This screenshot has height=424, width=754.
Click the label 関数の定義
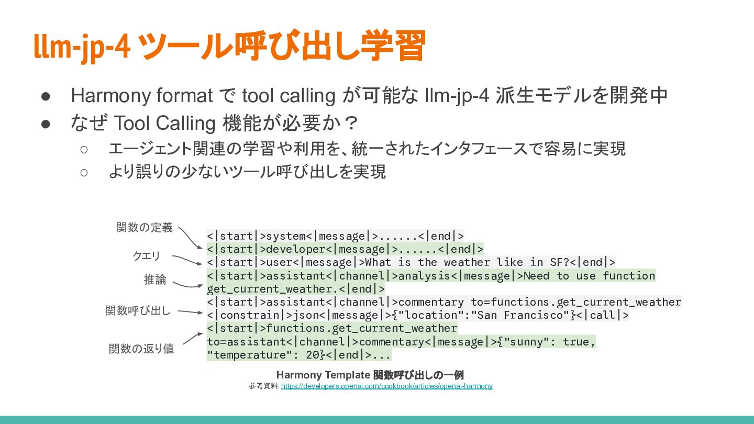coord(144,227)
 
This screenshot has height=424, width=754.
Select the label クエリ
coord(146,255)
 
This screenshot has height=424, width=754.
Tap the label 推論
coord(155,280)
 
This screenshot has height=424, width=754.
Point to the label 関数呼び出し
coord(138,310)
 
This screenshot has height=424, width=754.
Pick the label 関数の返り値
coord(141,349)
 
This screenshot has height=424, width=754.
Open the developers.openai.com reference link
coord(386,386)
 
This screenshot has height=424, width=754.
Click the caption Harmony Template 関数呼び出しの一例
coord(370,375)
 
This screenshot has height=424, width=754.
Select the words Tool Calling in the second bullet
coord(164,124)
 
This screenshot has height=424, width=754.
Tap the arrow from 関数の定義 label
coord(190,238)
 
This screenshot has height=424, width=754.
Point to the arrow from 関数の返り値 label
coord(192,338)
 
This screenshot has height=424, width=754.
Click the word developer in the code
coord(296,249)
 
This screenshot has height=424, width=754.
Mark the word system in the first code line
coord(286,236)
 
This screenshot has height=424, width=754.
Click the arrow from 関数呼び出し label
coord(190,312)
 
